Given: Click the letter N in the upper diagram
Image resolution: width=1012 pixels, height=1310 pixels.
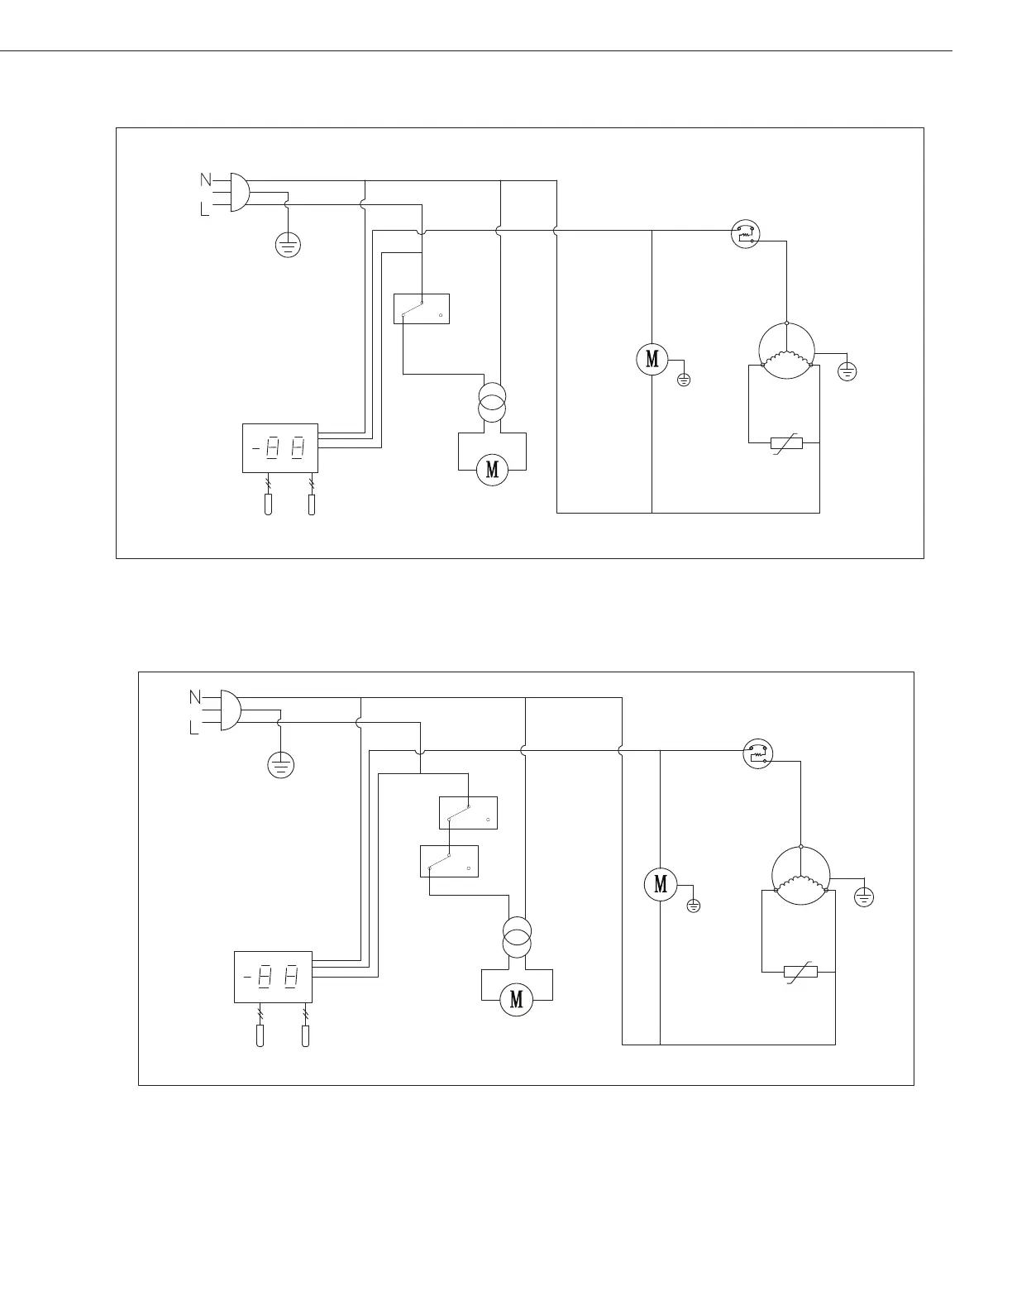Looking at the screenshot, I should [x=205, y=179].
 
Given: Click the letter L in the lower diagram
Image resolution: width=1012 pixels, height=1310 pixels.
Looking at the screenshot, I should [x=194, y=729].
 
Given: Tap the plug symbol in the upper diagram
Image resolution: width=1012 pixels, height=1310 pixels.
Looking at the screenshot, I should [x=238, y=192].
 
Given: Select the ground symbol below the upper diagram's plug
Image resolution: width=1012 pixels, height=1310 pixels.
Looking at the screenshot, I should [x=288, y=244].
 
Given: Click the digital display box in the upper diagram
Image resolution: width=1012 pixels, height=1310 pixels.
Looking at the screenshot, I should [x=280, y=448].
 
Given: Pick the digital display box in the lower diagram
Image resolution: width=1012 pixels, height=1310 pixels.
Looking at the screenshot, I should [x=274, y=977].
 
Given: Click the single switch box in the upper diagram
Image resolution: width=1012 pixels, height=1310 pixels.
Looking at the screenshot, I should [x=422, y=308].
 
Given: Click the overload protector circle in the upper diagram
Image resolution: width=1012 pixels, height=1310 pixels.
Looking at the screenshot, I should [x=746, y=234].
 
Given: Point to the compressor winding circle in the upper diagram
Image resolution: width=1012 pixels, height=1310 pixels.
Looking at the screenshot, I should [x=786, y=351].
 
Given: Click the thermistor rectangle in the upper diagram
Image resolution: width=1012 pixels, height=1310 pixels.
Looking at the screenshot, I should [x=785, y=443].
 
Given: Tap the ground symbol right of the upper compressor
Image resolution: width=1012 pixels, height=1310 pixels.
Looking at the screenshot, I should [x=847, y=371].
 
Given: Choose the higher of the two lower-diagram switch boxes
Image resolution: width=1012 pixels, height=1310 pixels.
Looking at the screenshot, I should [x=468, y=812].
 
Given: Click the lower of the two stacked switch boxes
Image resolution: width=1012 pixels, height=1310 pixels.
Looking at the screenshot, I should [x=449, y=860].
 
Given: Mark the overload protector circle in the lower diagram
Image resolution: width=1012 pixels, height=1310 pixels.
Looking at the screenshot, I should [x=758, y=753].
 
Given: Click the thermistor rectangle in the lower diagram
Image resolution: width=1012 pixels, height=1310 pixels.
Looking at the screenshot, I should [x=800, y=971].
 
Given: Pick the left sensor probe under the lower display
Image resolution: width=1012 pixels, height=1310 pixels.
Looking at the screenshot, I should [x=260, y=1036].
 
